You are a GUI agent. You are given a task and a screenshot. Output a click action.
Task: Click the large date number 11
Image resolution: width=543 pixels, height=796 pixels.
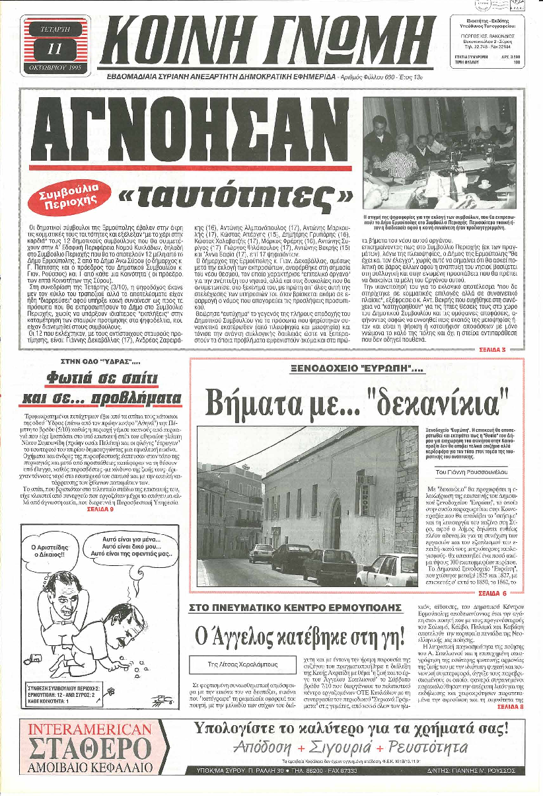(54, 48)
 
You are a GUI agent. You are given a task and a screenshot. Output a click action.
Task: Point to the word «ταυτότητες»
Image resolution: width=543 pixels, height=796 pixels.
(235, 195)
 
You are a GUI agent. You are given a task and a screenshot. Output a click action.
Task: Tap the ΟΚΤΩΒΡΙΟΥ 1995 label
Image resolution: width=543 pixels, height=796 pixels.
(54, 67)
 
